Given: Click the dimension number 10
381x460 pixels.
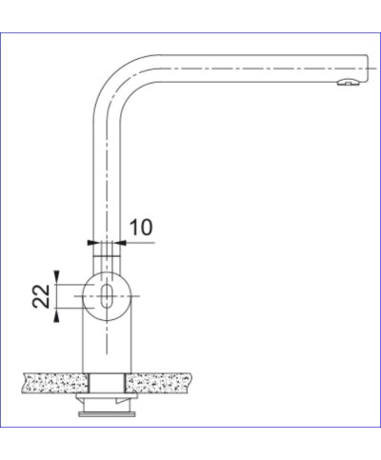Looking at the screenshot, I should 141,228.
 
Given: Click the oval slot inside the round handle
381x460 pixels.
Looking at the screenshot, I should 107,293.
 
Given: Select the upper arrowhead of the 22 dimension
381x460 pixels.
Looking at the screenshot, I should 58,274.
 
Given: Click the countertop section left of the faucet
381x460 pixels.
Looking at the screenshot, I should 52,383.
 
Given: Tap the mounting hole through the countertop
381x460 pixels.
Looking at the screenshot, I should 106,383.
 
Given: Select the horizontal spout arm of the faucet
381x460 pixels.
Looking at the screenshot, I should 248,68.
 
